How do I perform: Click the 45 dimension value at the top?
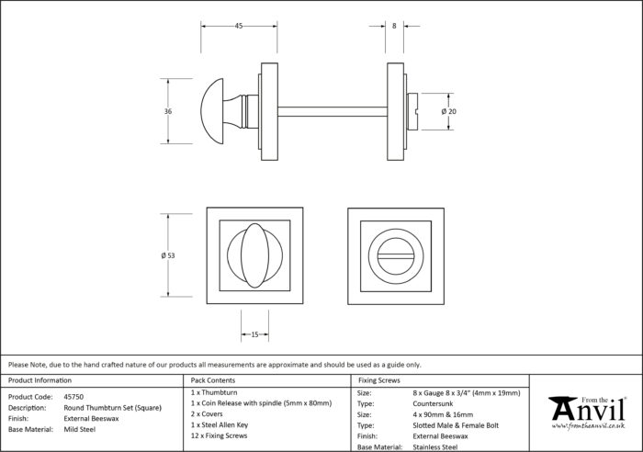(239, 26)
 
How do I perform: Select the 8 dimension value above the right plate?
(394, 26)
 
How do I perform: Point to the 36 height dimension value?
(168, 111)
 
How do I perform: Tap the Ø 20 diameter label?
(448, 111)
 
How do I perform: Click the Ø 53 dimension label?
(168, 255)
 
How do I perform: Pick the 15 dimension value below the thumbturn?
(254, 334)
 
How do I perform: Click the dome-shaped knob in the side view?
(212, 111)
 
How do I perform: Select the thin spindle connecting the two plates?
(333, 111)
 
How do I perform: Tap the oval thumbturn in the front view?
(254, 255)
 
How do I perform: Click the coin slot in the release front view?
(396, 256)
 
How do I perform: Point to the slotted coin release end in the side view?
(412, 111)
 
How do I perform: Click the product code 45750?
(73, 397)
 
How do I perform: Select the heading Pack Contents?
(213, 380)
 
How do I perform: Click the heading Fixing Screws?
(379, 380)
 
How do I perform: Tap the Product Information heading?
(39, 380)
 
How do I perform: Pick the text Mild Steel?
(80, 429)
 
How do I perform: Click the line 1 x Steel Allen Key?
(220, 425)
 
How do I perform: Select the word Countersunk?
(433, 403)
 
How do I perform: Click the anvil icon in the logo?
(563, 408)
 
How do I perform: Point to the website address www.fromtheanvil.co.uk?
(588, 426)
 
